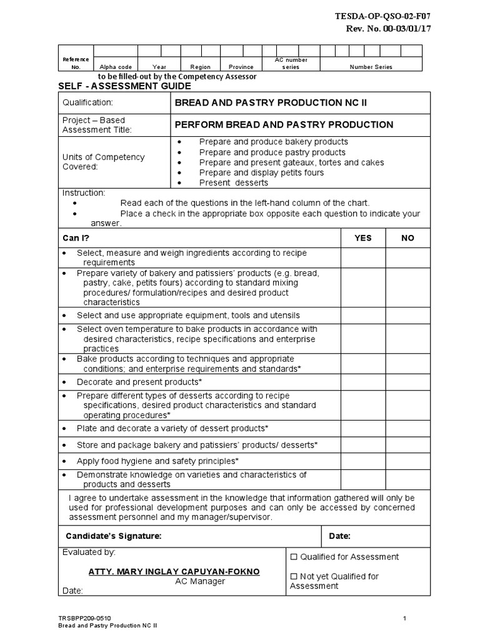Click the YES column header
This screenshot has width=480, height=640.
click(x=362, y=238)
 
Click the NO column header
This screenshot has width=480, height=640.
click(x=407, y=238)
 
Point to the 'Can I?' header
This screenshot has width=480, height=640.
click(x=76, y=238)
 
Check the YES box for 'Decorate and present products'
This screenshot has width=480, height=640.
click(x=362, y=382)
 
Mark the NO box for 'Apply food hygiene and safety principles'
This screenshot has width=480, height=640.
click(x=407, y=461)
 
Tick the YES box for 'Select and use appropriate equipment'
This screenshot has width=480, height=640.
click(x=362, y=316)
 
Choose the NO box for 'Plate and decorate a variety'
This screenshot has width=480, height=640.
click(x=407, y=428)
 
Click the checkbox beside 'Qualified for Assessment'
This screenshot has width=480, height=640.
click(x=294, y=557)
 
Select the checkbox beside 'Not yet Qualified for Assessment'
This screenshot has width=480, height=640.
click(x=294, y=576)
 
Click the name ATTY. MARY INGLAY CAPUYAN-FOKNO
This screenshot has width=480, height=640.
click(x=174, y=572)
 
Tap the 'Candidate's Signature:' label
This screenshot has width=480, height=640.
click(x=114, y=536)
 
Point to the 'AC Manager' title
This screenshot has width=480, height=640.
click(x=200, y=581)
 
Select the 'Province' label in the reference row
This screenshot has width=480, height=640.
click(x=241, y=67)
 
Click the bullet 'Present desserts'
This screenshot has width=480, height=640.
click(x=233, y=182)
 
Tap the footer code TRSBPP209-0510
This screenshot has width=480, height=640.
click(x=86, y=618)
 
